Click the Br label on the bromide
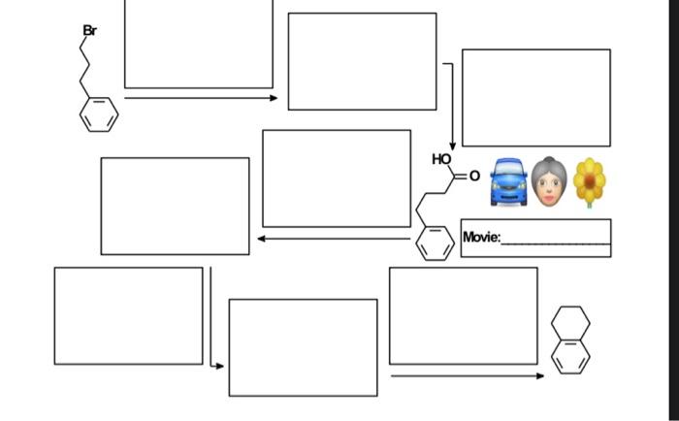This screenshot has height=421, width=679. point(89,31)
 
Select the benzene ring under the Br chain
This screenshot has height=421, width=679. point(99,114)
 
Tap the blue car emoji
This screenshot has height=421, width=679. point(508,182)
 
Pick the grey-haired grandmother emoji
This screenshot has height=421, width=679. point(549,182)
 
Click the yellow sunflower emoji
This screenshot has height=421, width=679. point(589,181)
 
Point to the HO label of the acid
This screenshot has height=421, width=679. point(441,159)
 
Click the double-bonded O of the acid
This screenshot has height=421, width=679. point(474,176)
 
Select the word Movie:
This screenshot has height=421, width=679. point(481,237)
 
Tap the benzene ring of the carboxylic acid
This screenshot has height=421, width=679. point(435,243)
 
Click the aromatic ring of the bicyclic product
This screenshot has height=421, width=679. point(570,355)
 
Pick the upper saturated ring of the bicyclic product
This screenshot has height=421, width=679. point(570,322)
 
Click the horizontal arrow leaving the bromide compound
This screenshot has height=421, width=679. point(200,97)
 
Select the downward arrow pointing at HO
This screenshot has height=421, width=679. point(452,107)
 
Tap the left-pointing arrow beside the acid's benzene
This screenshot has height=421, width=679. point(334,239)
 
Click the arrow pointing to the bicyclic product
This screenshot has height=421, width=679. point(467,375)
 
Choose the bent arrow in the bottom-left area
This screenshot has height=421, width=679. point(211,320)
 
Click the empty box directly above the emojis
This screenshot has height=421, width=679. point(535,97)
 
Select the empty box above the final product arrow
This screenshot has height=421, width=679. point(463,315)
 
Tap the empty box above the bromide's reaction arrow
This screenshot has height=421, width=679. point(198,44)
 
